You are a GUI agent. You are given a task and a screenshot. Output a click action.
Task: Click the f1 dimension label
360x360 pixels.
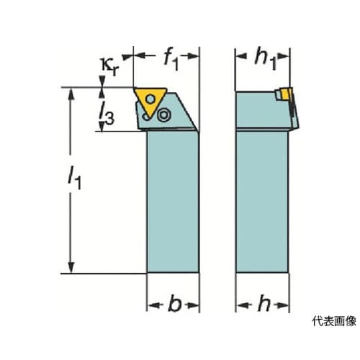click(x=171, y=60)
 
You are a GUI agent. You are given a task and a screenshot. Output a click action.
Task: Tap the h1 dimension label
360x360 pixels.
click(x=266, y=60)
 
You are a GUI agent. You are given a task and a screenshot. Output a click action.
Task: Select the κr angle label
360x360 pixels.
click(x=109, y=67)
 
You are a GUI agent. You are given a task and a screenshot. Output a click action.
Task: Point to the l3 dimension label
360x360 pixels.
click(x=107, y=114)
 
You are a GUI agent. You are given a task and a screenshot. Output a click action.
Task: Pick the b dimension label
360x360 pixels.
click(x=174, y=304)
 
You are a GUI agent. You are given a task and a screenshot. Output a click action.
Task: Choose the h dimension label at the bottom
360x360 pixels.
click(x=264, y=303)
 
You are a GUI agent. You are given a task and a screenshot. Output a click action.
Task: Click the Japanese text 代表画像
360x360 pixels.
click(x=334, y=321)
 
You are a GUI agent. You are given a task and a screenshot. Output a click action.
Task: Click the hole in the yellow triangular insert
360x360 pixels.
click(x=150, y=99)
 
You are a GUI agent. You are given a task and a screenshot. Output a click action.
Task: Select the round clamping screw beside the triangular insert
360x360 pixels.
click(x=164, y=114)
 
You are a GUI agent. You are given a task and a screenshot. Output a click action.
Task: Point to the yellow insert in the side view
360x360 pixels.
click(x=286, y=94)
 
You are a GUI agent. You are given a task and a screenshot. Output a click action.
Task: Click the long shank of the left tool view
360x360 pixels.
click(x=173, y=202)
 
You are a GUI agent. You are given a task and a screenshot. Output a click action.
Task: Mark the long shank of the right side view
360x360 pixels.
click(x=262, y=202)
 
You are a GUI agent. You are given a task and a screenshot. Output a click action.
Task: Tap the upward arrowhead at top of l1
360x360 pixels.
click(x=71, y=94)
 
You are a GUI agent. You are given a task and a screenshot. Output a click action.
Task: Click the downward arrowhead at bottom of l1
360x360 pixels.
click(x=71, y=267)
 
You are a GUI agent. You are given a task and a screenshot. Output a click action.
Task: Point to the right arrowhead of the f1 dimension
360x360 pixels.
click(x=193, y=56)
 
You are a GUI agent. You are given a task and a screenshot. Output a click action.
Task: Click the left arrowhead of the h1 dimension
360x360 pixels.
click(x=241, y=56)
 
